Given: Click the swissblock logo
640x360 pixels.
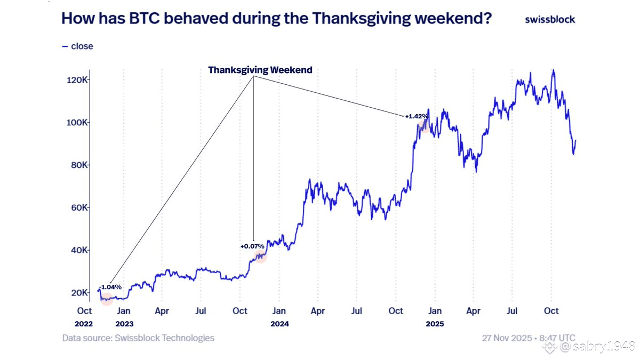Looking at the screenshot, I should coord(550,19).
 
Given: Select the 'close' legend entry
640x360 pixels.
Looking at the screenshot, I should coord(78,46).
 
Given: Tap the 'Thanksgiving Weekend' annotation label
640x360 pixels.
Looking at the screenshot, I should coord(260,70).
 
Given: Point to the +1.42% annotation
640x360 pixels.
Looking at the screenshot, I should coord(417,116).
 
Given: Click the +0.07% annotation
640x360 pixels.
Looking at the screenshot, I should coord(252,246).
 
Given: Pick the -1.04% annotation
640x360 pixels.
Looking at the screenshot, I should coord(110,287).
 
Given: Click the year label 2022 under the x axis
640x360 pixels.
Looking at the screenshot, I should coord(84,324).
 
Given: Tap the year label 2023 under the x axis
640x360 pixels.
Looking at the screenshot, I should coord(123,324).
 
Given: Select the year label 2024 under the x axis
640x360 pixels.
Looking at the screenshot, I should coord(279,324).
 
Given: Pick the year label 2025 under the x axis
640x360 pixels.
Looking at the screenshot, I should coord(435,324).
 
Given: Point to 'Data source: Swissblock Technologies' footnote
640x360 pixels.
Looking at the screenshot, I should coord(138,338).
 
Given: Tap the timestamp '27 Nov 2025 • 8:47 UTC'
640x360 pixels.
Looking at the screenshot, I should coord(529,338).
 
